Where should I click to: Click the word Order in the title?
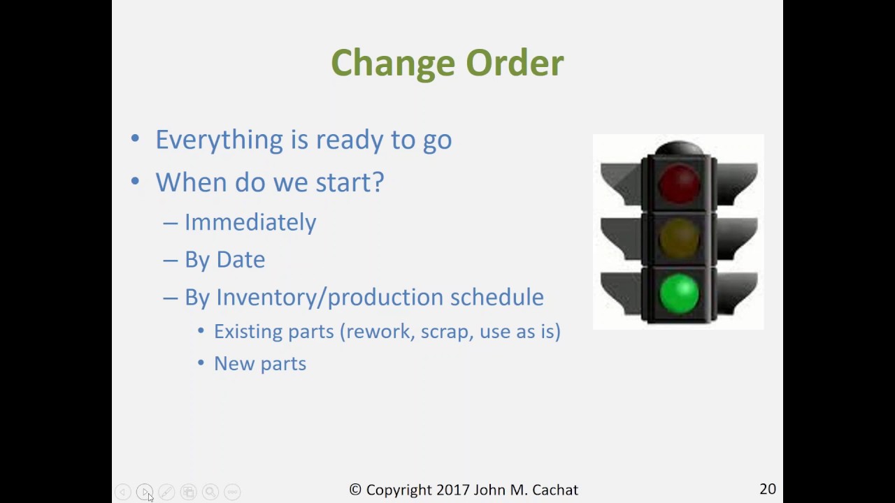(515, 64)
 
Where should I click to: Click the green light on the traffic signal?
(678, 293)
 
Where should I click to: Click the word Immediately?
(250, 222)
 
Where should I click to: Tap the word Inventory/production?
(329, 298)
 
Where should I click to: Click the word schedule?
(496, 297)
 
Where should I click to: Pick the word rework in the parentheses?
(381, 331)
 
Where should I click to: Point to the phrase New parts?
(260, 364)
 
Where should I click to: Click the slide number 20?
(767, 489)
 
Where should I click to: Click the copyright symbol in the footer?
(355, 490)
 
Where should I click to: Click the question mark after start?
(378, 182)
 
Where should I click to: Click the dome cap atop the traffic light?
(678, 148)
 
